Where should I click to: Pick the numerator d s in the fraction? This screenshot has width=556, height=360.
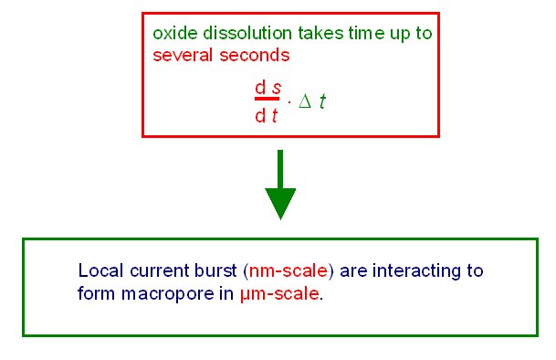pyautogui.click(x=267, y=87)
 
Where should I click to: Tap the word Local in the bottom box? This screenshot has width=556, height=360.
pyautogui.click(x=98, y=272)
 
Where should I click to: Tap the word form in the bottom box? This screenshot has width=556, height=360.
pyautogui.click(x=95, y=294)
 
